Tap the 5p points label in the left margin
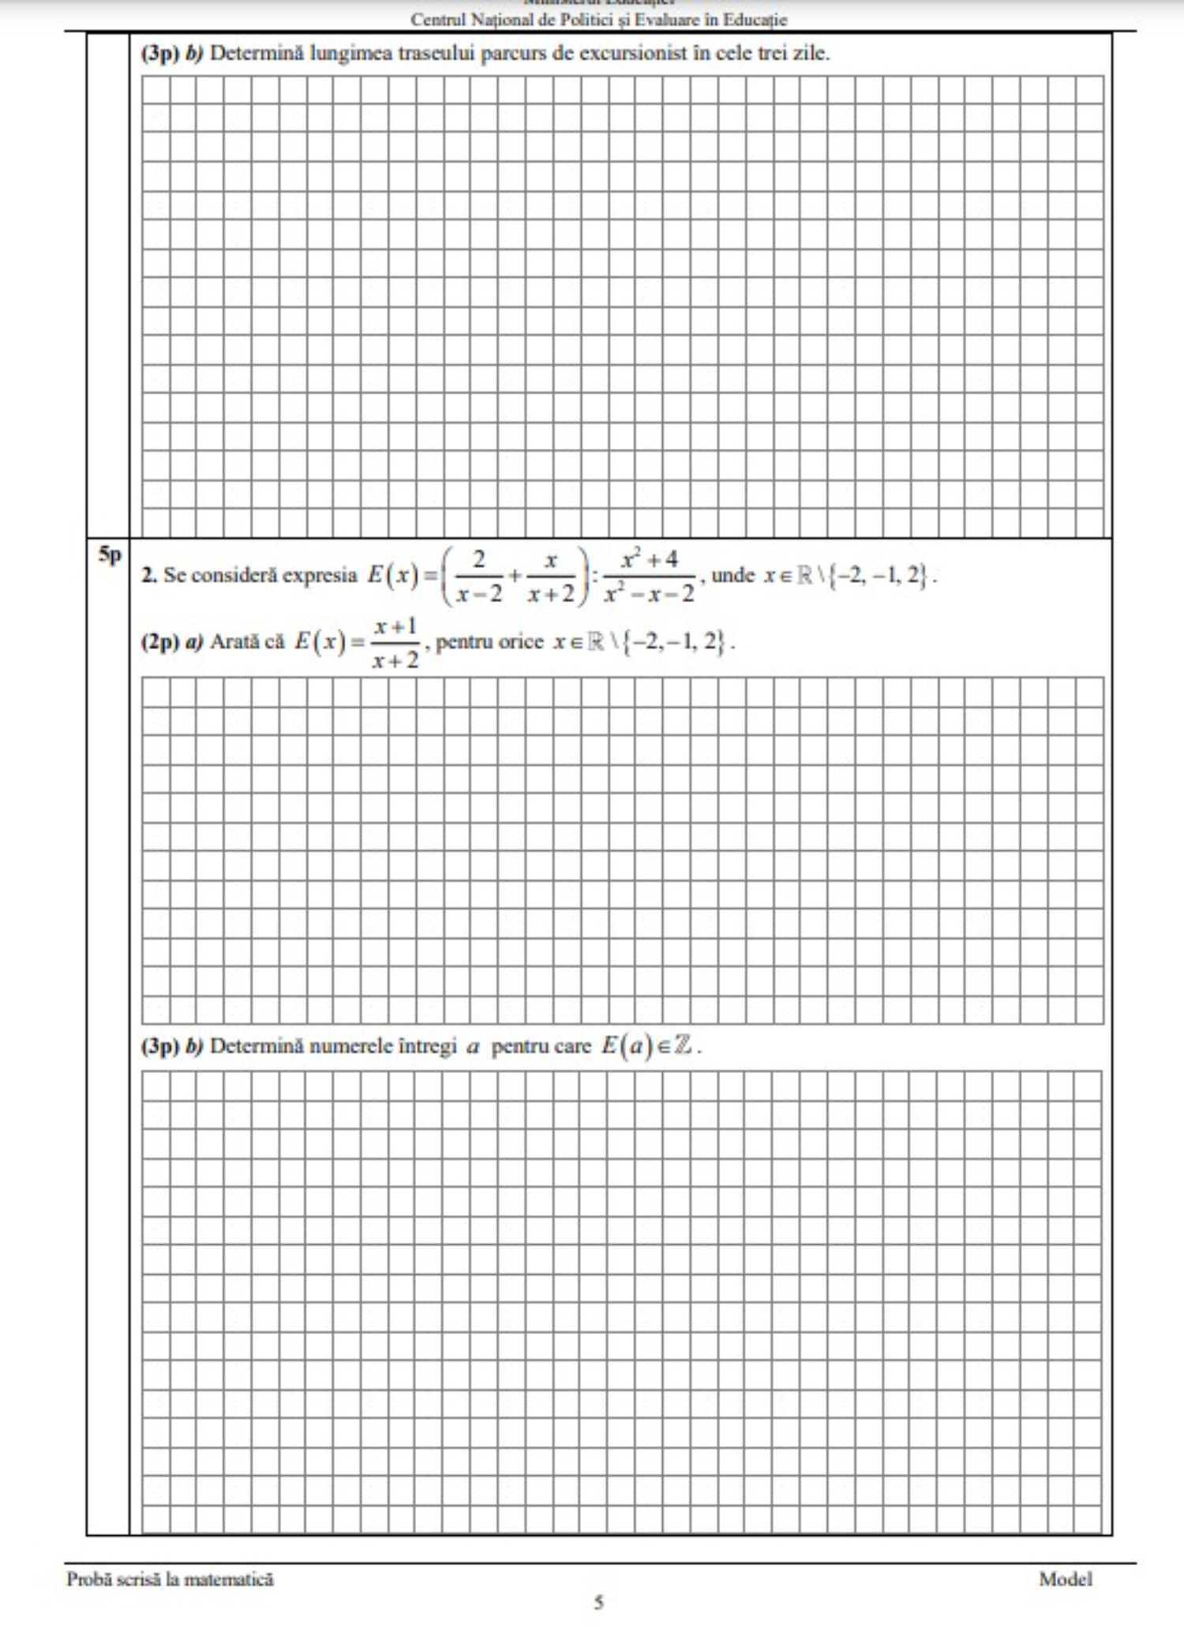tap(110, 555)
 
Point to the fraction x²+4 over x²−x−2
tap(649, 577)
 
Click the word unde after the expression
tap(733, 575)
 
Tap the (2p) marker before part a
tap(160, 642)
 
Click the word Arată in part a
tap(234, 642)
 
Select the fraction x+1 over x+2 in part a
tap(395, 644)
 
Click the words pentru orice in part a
tap(489, 642)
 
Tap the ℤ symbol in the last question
tap(684, 1046)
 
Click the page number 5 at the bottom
tap(599, 1602)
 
